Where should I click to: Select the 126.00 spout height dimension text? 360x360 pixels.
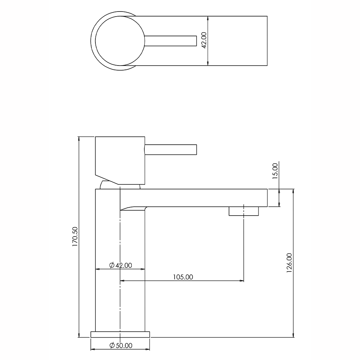click(289, 263)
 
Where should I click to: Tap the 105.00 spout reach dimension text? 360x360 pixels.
click(183, 277)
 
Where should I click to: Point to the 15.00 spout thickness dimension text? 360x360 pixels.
click(275, 171)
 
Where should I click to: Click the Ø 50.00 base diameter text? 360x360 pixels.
click(121, 345)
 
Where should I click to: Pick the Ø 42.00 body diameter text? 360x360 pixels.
click(121, 265)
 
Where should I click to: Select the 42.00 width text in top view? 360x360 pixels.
click(203, 40)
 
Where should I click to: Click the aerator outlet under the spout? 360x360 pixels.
click(244, 211)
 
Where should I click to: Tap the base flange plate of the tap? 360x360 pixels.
click(120, 334)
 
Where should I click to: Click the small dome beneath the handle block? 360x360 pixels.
click(108, 185)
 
